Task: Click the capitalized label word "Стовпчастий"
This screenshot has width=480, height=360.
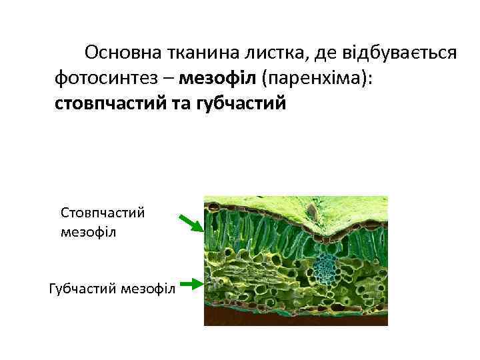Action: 103,213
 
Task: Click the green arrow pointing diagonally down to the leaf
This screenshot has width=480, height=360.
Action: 191,223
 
